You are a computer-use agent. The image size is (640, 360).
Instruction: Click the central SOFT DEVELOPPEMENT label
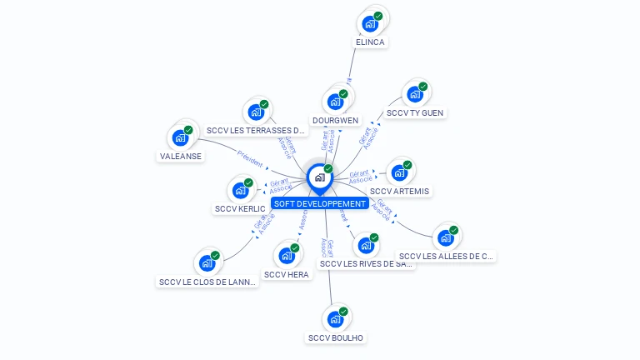point(320,203)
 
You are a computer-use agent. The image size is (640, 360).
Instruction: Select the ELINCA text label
point(370,42)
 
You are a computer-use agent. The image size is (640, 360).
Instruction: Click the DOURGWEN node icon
point(336,102)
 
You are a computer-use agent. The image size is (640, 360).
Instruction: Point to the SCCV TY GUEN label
point(415,112)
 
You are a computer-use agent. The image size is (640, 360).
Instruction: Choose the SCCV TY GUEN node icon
point(414,94)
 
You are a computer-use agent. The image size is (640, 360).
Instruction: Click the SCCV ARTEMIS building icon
point(399,172)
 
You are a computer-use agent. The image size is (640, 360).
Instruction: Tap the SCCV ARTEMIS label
point(400,191)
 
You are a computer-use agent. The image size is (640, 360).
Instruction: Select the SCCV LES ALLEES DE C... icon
point(446,237)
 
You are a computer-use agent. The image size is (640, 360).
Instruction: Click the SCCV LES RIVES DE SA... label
point(366,264)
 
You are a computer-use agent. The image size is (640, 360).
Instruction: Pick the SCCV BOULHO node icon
point(335,319)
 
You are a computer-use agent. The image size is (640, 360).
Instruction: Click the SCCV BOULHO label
point(335,337)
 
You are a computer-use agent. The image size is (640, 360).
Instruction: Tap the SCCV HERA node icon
point(286,255)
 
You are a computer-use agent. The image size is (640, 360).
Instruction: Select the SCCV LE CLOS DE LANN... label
point(207,282)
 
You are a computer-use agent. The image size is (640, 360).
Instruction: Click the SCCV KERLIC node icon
point(240,190)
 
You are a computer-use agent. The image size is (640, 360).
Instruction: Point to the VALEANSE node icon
point(180,137)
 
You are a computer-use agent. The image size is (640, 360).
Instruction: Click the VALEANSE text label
point(180,156)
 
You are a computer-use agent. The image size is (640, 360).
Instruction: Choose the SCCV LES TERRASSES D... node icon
point(256,112)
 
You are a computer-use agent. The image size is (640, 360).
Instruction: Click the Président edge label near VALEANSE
point(249,157)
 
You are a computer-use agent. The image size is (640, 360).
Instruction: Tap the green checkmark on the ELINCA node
point(378,16)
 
